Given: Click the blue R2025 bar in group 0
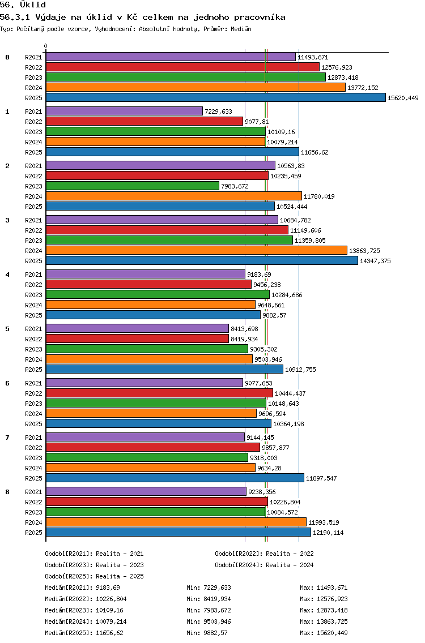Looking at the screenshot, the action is click(216, 97).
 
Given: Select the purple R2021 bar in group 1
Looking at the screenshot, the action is click(125, 111).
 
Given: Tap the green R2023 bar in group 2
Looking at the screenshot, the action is click(133, 186).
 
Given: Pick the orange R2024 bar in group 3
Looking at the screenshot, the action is click(197, 250).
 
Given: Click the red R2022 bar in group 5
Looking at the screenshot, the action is click(138, 338).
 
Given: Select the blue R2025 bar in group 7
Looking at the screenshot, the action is click(175, 478).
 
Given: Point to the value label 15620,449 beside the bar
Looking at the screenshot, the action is click(403, 98).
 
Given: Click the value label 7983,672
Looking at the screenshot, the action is click(235, 186).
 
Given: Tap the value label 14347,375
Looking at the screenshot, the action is click(375, 261).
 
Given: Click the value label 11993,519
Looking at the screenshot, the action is click(324, 522).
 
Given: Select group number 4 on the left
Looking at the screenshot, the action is click(7, 275).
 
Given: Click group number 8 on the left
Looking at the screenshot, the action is click(7, 492).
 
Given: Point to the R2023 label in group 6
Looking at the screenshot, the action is click(33, 404).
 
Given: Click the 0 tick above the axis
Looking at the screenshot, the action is click(45, 46).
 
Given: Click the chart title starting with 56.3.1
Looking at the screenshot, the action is click(142, 17).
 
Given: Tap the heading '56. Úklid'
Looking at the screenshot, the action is click(23, 5).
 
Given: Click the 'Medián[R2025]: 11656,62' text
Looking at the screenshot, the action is click(84, 633).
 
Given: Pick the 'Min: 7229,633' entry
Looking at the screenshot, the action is click(209, 588).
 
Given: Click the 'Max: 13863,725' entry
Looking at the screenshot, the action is click(324, 621).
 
